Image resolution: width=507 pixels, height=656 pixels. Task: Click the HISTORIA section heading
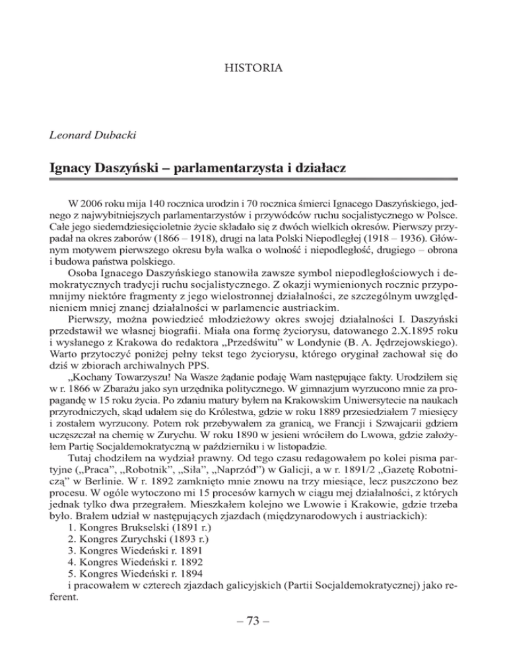[x=253, y=68]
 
